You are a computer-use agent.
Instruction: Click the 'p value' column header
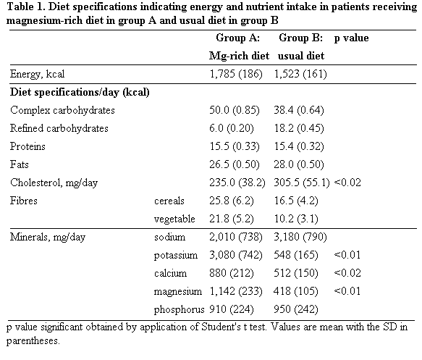click(351, 38)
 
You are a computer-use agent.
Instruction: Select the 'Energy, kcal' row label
click(37, 74)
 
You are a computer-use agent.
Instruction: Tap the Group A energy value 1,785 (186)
click(236, 74)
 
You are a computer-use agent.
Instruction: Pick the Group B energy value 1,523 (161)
click(300, 74)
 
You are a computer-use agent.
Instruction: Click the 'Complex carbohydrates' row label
click(62, 110)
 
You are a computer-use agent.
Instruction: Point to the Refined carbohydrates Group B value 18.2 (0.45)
click(299, 128)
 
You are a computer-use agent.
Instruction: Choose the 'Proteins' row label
click(28, 146)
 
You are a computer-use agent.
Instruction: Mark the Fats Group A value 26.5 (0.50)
click(235, 164)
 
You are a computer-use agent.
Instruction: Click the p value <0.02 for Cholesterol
click(347, 183)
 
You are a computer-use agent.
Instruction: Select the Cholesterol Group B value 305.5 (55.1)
click(302, 183)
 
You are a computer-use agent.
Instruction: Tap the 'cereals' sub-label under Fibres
click(169, 201)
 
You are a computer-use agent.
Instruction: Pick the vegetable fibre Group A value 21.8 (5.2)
click(232, 219)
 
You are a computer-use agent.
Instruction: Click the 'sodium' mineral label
click(170, 237)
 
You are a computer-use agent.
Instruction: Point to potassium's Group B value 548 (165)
click(296, 255)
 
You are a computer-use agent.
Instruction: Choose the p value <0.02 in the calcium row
click(347, 273)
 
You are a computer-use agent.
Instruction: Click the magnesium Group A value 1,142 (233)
click(236, 291)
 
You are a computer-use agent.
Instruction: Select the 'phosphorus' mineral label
click(180, 309)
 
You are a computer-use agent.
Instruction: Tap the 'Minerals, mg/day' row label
click(48, 237)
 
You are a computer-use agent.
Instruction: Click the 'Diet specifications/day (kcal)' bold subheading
click(80, 93)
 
